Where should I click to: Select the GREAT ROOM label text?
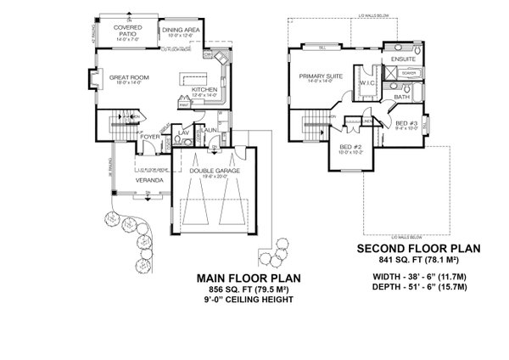(129, 77)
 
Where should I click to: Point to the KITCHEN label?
(205, 90)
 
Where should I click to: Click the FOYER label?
(150, 135)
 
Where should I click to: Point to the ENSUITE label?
(403, 59)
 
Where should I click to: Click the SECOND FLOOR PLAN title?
(418, 248)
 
